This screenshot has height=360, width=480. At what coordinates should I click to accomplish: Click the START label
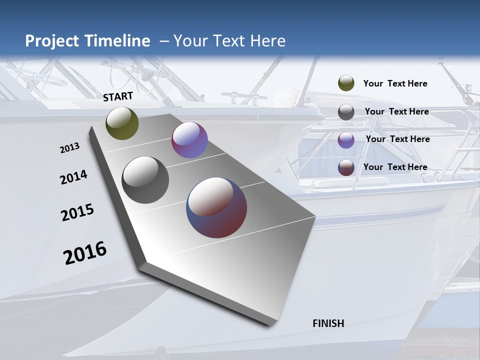pos(118,96)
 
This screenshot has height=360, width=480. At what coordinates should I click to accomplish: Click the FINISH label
pos(328,323)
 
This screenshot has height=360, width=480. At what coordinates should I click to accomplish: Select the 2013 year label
pos(69,148)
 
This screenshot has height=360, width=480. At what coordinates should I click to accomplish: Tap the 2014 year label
pos(73,177)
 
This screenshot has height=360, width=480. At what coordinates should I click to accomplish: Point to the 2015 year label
pos(77,212)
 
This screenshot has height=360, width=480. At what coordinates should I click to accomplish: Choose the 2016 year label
pos(85,253)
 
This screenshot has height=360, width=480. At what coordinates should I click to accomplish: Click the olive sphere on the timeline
pos(122,123)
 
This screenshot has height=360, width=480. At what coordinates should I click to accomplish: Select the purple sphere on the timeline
pos(189,140)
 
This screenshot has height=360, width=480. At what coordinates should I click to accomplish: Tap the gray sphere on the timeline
pos(145,180)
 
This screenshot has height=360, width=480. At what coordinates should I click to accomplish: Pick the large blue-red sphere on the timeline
pos(216,207)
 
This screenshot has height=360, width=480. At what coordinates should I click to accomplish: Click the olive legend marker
pos(346,83)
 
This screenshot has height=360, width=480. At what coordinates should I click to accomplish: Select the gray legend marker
pos(346,112)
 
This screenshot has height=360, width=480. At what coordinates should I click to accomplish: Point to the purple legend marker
pos(346,140)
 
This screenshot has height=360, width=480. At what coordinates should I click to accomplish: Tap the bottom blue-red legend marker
pos(346,167)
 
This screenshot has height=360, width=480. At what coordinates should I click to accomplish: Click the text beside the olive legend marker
pos(395,83)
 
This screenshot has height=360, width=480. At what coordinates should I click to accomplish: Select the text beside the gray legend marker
pos(396,111)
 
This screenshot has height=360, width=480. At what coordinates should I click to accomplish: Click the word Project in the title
pos(52,41)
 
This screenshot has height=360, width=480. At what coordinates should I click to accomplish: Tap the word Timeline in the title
pos(116,41)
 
